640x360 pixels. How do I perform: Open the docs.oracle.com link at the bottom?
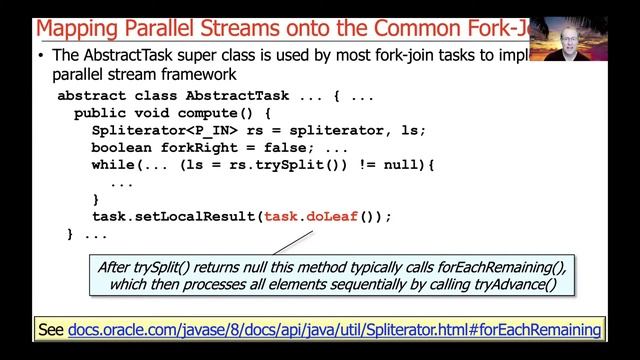(x=335, y=329)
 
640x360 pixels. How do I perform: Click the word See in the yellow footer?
(x=50, y=329)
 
